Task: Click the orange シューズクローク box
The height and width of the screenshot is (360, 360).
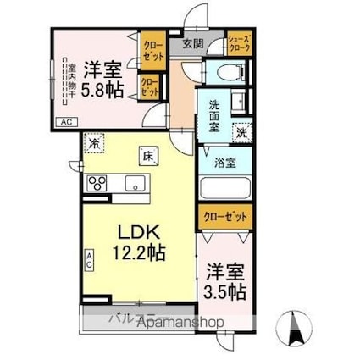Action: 238,44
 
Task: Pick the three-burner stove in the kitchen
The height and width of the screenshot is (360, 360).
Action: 97,182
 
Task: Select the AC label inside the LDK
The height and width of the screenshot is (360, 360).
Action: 89,258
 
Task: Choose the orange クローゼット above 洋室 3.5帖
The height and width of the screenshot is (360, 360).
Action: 226,218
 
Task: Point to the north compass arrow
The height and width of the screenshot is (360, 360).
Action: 297,324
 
